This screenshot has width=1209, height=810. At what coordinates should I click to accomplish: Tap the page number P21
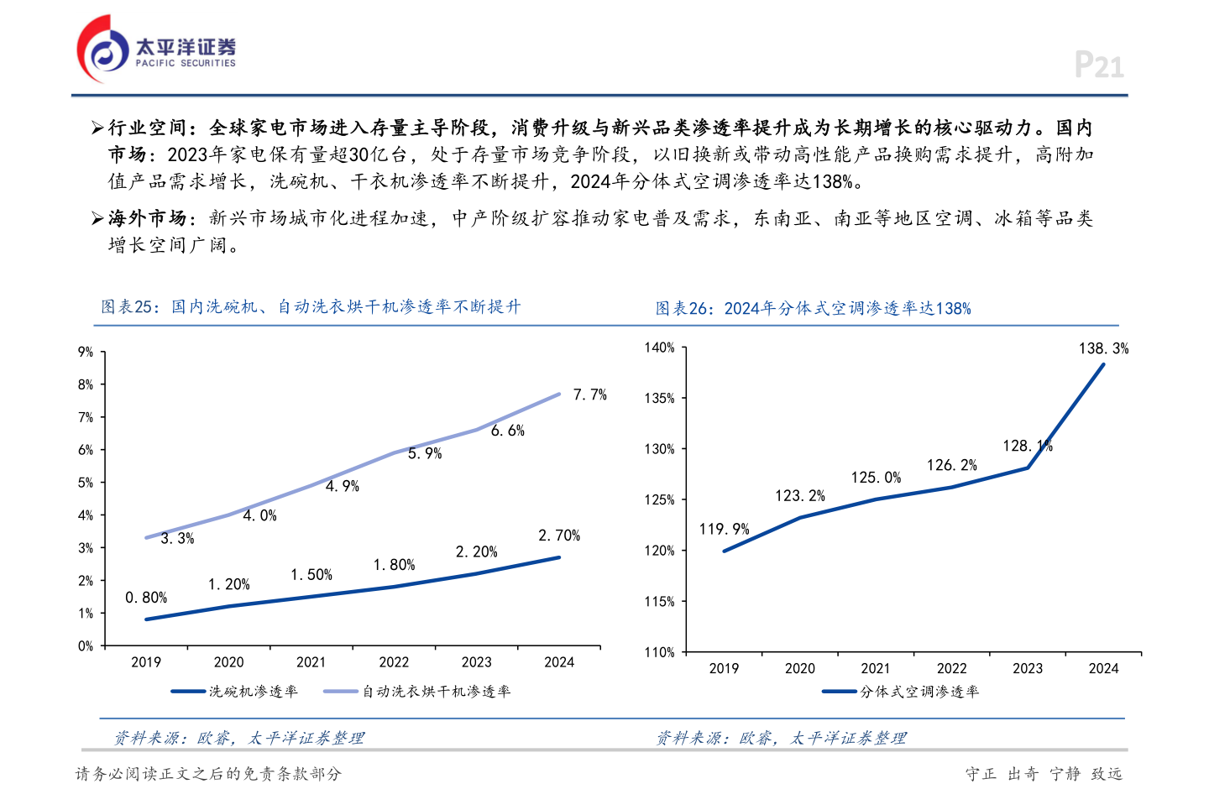1098,65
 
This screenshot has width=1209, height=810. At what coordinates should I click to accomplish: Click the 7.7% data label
589,395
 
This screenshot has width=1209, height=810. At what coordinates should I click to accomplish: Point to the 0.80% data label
146,598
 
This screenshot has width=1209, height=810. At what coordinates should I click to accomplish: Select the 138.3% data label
1103,348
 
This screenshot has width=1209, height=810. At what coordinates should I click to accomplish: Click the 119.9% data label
724,529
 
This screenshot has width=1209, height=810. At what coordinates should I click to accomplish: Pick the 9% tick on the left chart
86,352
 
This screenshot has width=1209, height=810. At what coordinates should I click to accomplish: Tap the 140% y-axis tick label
659,348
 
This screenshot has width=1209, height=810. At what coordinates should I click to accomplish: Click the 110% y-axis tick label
659,652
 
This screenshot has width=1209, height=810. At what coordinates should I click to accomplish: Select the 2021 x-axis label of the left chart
311,662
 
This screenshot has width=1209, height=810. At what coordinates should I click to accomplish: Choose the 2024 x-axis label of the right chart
1103,668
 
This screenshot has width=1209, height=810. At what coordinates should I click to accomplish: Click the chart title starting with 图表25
311,307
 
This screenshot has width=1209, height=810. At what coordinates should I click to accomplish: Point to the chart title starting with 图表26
813,309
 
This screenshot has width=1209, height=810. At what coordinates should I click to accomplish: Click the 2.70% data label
559,536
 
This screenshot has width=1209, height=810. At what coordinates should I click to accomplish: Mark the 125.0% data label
876,478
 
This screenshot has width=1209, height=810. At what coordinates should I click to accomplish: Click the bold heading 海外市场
147,218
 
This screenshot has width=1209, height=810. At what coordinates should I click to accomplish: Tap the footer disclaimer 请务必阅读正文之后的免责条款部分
208,774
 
